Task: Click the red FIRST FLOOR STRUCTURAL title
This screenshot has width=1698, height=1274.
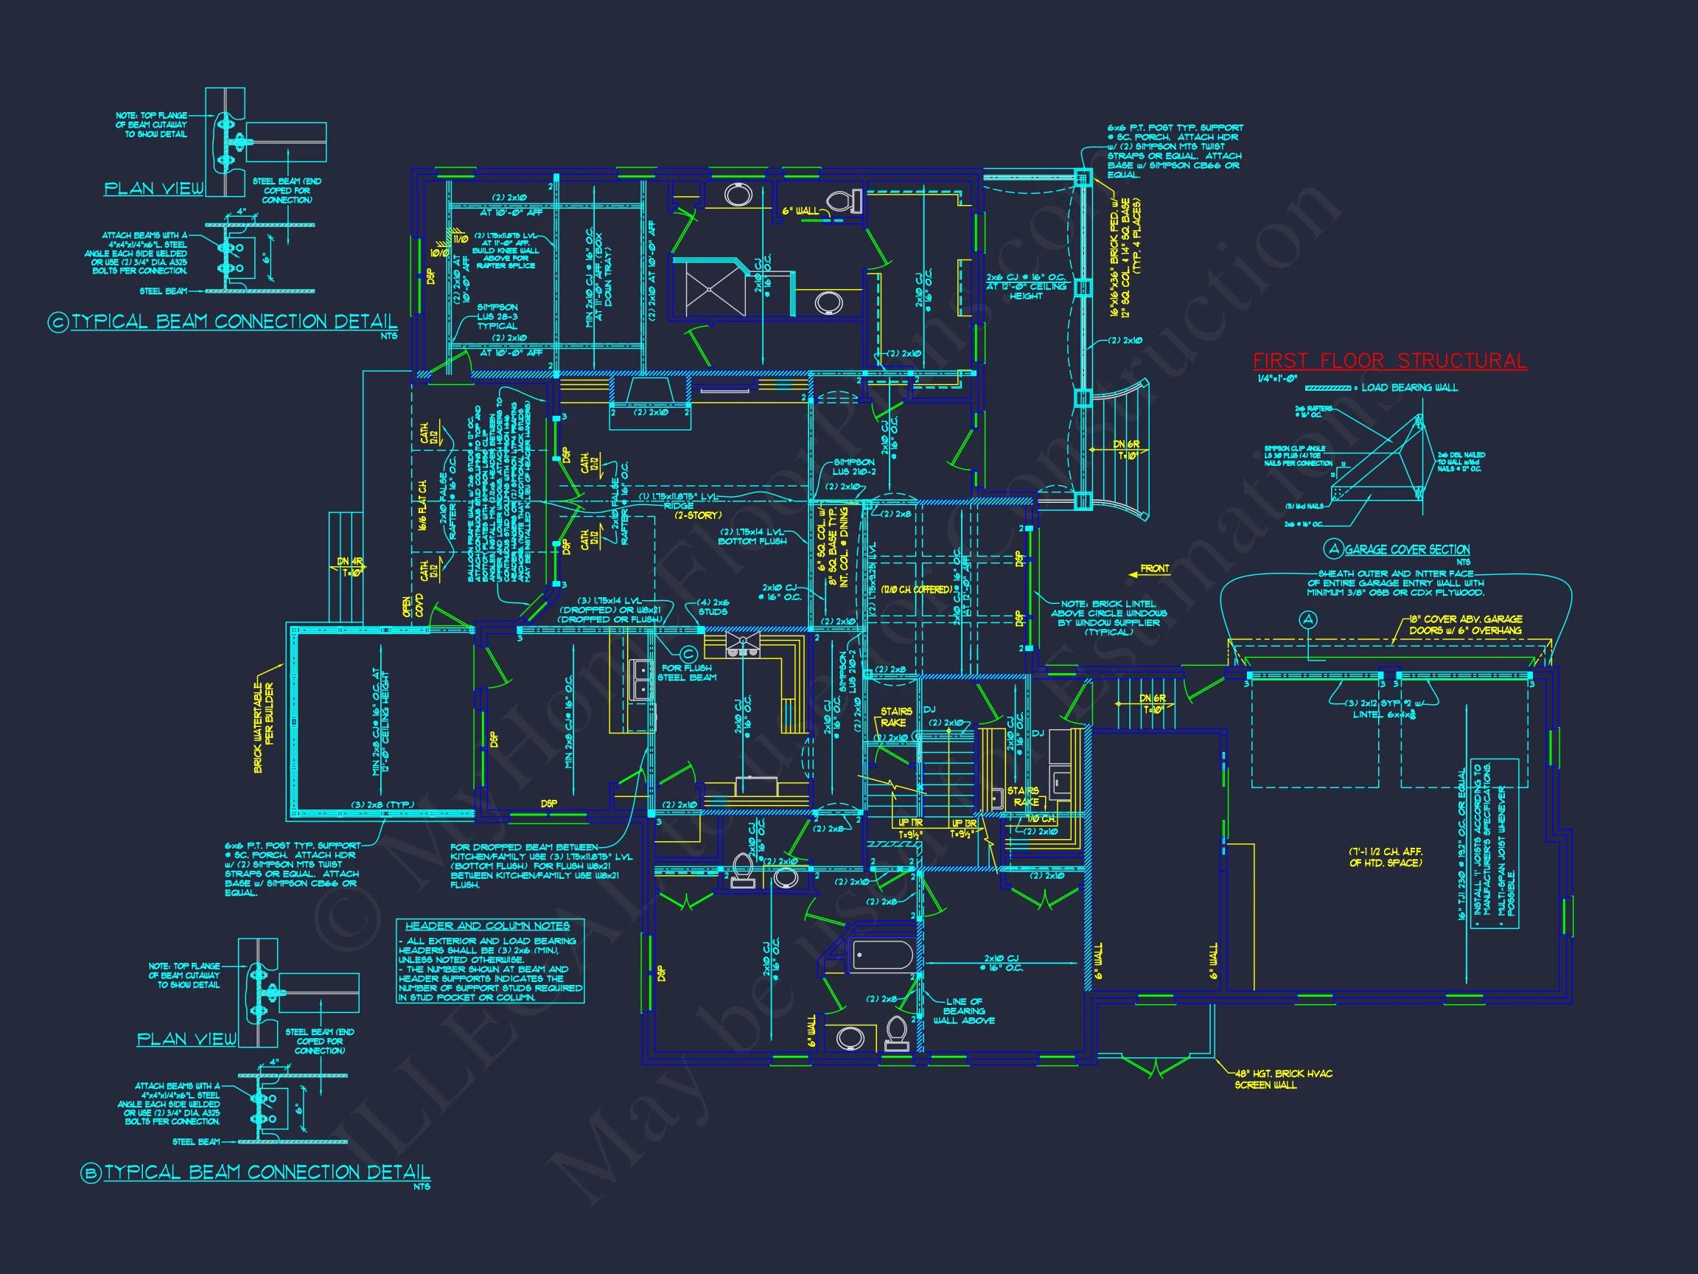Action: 1389,361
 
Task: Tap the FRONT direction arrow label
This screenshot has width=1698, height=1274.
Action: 1155,569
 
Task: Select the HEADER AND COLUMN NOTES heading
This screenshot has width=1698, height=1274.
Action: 487,926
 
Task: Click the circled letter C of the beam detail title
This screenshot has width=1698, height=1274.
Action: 58,322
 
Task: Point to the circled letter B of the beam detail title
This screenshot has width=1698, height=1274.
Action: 91,1174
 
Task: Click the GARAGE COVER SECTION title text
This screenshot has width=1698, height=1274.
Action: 1407,550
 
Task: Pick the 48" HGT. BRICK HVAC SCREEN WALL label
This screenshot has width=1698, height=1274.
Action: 1282,1079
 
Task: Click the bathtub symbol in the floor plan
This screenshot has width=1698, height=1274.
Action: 882,956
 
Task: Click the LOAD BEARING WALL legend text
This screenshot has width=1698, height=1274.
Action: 1409,388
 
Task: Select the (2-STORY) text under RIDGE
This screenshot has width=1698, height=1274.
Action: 698,515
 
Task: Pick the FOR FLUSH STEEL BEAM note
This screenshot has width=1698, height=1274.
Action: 687,672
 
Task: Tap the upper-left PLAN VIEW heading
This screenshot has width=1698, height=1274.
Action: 153,188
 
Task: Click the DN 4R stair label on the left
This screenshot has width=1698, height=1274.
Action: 349,567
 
